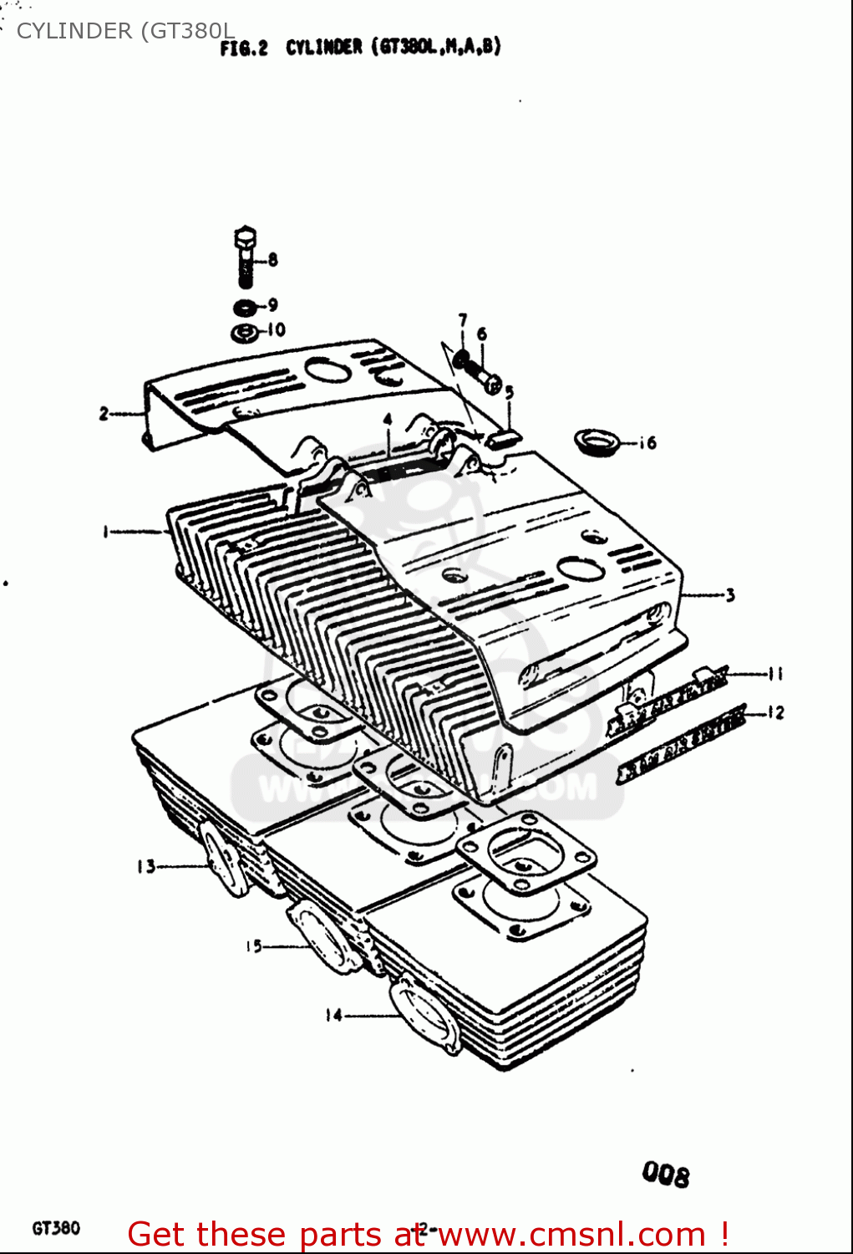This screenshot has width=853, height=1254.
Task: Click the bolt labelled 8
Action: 246,255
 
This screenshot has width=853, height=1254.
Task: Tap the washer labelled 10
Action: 245,333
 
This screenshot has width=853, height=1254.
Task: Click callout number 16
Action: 647,443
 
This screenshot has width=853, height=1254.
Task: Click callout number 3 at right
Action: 730,595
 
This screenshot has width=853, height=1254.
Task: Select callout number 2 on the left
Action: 104,413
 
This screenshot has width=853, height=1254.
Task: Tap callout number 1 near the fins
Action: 105,531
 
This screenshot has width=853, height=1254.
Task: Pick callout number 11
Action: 775,674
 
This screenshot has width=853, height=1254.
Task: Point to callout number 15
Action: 253,946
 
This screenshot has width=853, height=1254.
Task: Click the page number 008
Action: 666,1175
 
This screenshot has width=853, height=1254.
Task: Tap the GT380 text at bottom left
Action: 56,1228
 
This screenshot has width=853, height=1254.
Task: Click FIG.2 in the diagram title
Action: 243,48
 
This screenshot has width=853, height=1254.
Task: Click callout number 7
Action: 462,320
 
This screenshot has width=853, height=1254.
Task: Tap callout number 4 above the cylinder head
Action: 388,421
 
